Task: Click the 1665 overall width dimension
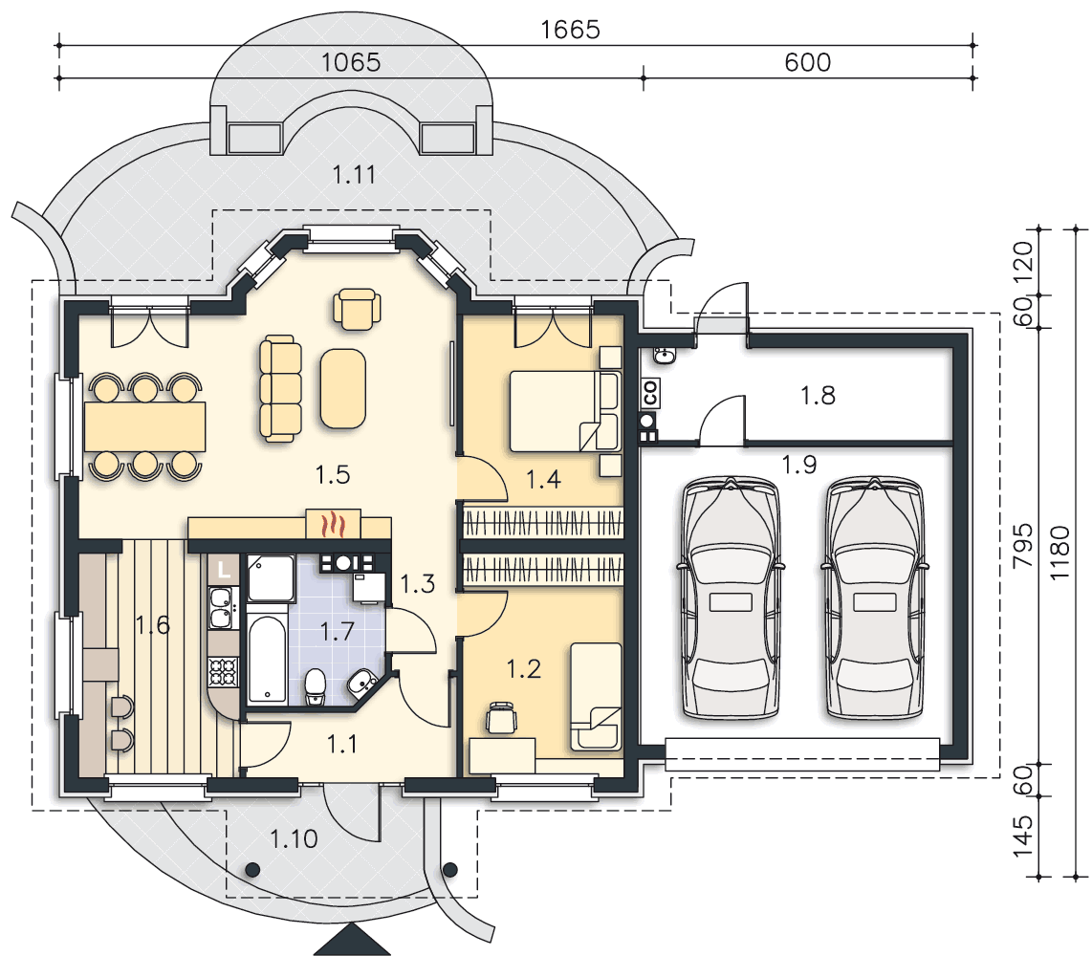click(x=570, y=30)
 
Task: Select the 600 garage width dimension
click(x=807, y=63)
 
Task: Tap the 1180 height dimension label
click(x=1059, y=553)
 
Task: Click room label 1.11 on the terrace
click(x=354, y=174)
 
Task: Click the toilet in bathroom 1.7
click(x=316, y=685)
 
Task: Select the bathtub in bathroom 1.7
click(x=266, y=659)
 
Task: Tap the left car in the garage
click(x=730, y=597)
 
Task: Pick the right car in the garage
click(x=875, y=597)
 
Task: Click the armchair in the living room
click(x=357, y=309)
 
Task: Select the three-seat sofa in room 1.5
click(x=281, y=388)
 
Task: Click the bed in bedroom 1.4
click(x=564, y=411)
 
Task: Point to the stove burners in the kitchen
click(x=224, y=672)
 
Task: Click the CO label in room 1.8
click(x=650, y=394)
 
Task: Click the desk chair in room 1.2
click(x=501, y=717)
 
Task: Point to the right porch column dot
click(x=449, y=870)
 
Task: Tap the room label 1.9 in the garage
click(x=798, y=465)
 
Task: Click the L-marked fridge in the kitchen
click(x=223, y=570)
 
